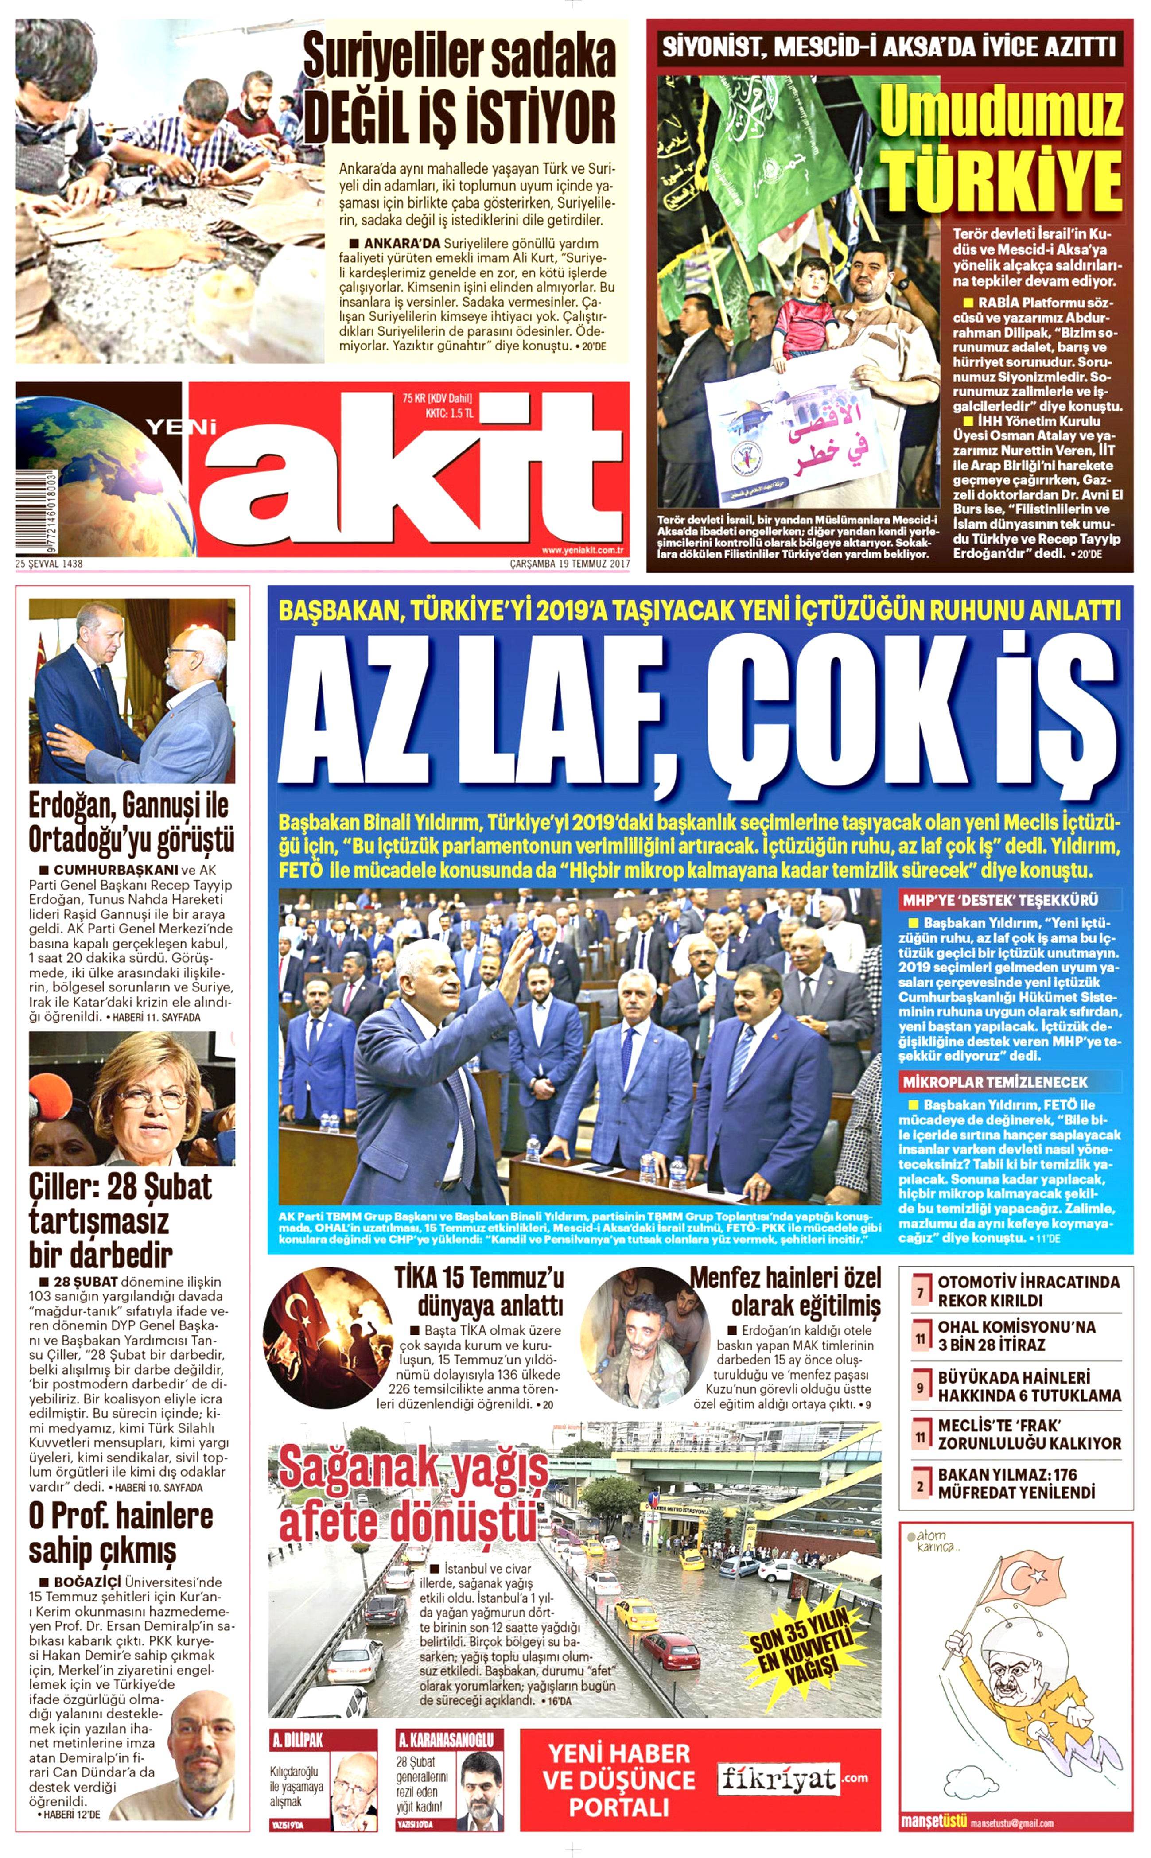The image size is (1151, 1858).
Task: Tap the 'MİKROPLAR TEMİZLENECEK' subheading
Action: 995,1081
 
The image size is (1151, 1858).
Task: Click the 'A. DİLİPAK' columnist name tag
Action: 298,1740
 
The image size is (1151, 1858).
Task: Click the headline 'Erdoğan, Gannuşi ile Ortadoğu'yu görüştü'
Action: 131,824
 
